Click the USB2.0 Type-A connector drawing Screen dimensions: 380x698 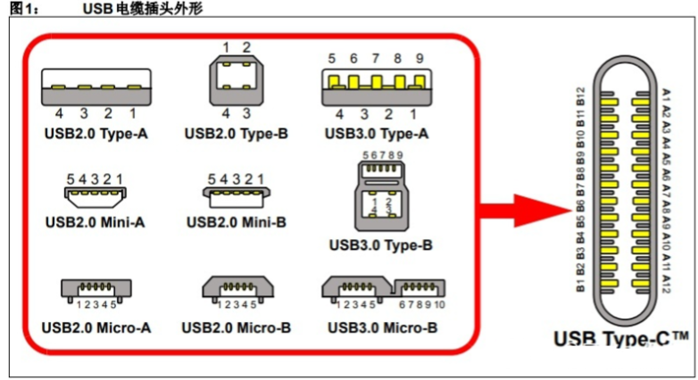(96, 87)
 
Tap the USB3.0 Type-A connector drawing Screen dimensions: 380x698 (374, 88)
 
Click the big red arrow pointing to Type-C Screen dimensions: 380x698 (523, 211)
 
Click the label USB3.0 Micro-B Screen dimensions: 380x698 (382, 328)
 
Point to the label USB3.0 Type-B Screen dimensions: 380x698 (380, 244)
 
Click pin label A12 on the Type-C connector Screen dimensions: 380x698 (667, 285)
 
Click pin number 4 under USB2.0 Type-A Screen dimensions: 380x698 (59, 114)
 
